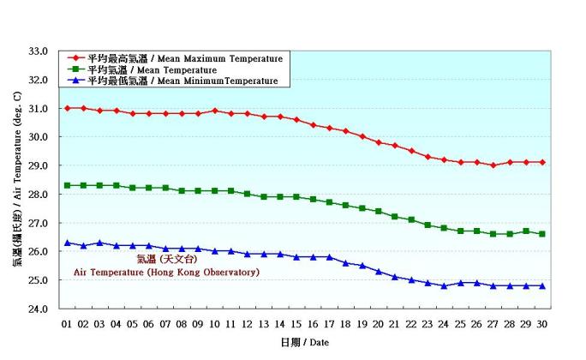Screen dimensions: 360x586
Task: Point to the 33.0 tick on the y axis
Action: click(39, 51)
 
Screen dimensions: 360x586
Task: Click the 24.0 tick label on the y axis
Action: click(39, 309)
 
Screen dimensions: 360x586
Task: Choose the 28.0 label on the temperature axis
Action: click(39, 195)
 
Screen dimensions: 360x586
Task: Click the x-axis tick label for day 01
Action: click(67, 324)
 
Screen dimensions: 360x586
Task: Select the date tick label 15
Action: click(296, 324)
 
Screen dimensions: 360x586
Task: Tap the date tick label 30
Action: click(542, 324)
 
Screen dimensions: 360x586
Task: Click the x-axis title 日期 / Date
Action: click(304, 343)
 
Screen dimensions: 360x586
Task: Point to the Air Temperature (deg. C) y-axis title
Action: click(17, 180)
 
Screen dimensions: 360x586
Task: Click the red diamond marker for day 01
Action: click(67, 108)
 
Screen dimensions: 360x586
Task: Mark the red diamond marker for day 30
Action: click(542, 162)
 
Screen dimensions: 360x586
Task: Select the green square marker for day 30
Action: click(542, 234)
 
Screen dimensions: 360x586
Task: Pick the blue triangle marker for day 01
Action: click(67, 243)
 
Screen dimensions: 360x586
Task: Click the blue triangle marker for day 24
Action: click(444, 285)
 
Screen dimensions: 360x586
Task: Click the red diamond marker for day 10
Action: click(214, 111)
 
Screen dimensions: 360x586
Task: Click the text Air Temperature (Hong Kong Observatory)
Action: click(166, 272)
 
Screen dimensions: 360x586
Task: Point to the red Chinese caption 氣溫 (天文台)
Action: click(166, 259)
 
